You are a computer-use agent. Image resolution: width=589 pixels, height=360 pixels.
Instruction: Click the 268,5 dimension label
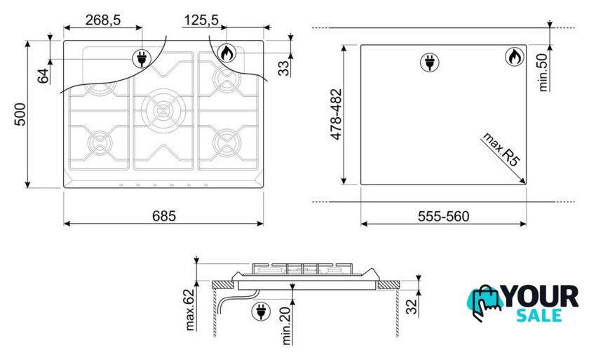(103, 20)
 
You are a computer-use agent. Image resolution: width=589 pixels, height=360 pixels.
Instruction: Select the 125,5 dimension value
(201, 20)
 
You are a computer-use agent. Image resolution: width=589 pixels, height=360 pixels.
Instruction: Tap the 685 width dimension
(164, 216)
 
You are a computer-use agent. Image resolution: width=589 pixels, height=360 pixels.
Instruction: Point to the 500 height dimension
(20, 114)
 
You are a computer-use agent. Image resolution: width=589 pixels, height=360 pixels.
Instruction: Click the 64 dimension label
(43, 76)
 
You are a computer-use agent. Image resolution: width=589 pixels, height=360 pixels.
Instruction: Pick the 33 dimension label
(283, 68)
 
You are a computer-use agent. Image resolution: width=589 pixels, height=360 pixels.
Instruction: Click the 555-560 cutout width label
(443, 216)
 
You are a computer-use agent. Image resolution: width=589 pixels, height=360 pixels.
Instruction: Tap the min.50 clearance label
(543, 72)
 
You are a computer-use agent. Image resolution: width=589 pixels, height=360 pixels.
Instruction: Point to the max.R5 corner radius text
(501, 149)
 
